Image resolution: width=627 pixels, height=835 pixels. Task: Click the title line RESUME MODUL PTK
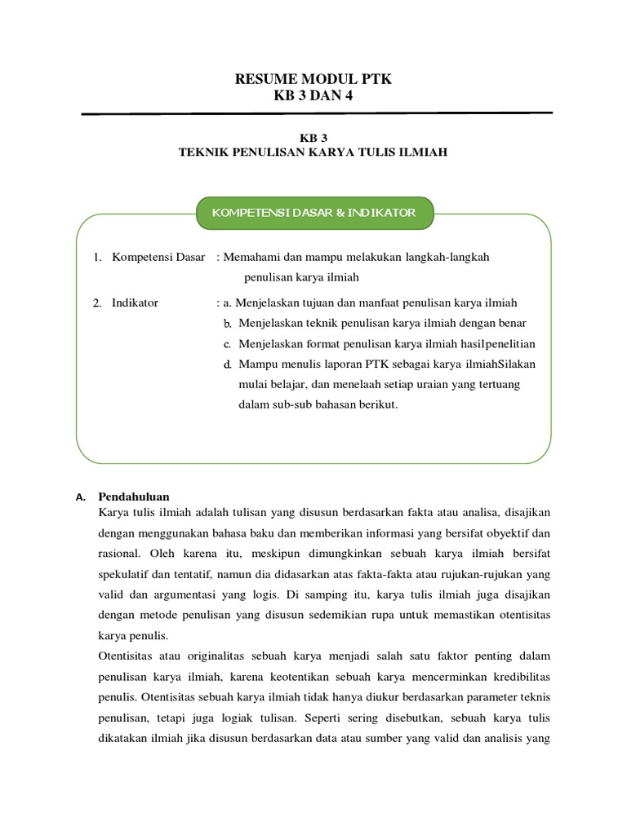(x=313, y=79)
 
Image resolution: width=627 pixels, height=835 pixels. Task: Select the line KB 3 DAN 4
(x=313, y=96)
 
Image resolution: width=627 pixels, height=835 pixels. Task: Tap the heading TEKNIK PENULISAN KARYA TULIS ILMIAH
(x=313, y=152)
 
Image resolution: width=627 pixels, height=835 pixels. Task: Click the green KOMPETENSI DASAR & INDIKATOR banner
(x=314, y=213)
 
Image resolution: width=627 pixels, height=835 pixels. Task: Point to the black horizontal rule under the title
(x=317, y=114)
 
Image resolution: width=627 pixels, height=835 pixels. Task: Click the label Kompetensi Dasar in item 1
(x=158, y=257)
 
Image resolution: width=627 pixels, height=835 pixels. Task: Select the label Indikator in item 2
(x=136, y=303)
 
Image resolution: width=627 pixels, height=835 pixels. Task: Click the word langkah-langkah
(x=451, y=257)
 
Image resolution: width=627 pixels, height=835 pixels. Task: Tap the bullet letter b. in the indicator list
(x=229, y=323)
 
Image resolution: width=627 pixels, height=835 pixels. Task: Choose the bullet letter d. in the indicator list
(x=229, y=364)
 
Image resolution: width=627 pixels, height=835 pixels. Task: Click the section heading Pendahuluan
(x=134, y=496)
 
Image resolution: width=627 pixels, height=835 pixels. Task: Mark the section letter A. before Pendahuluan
(x=80, y=497)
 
